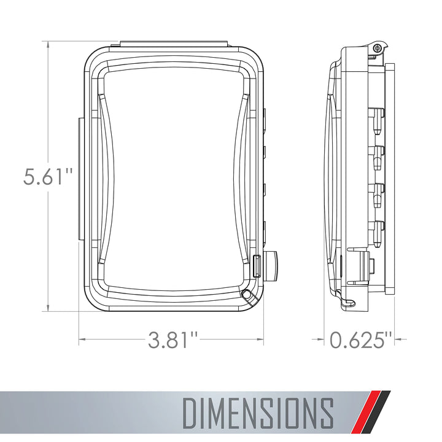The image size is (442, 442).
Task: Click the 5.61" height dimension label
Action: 48,177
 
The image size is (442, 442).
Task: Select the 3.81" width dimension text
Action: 173,339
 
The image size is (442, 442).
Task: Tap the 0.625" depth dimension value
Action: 360,339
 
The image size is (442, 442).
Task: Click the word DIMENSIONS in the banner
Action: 258,414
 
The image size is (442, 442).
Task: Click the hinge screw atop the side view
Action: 377,48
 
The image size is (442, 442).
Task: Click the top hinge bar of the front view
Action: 174,44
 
